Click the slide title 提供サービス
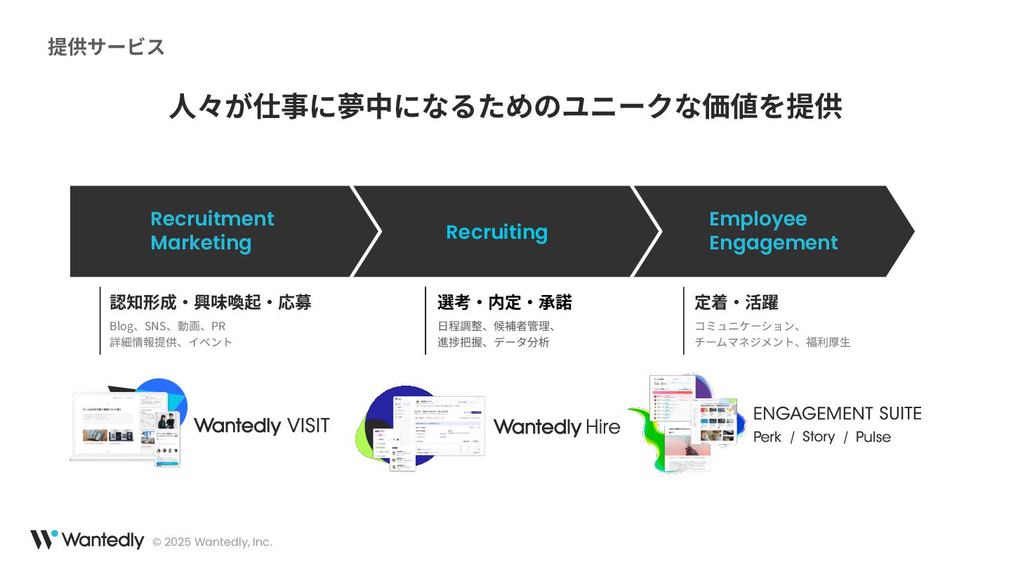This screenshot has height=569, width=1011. click(x=107, y=47)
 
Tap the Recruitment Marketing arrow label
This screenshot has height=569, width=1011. click(x=211, y=230)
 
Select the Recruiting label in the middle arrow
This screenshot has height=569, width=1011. click(x=496, y=232)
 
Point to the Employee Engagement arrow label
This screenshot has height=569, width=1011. click(x=772, y=230)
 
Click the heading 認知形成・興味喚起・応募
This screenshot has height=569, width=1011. click(x=211, y=303)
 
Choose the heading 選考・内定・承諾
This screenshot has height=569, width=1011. click(x=504, y=303)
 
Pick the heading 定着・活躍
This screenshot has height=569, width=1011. click(x=736, y=303)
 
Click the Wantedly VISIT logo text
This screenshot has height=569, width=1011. click(x=261, y=426)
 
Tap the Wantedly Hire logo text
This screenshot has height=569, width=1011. click(x=557, y=426)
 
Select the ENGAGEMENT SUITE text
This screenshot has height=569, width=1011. click(x=837, y=414)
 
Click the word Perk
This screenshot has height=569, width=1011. click(x=767, y=437)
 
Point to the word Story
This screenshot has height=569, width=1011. click(x=818, y=437)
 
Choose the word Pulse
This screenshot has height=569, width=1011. click(x=873, y=437)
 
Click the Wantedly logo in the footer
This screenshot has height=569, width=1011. click(x=87, y=539)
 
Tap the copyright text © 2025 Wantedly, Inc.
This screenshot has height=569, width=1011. click(x=212, y=542)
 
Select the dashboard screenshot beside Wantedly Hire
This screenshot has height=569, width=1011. click(x=439, y=427)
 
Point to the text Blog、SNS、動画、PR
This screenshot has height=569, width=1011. click(x=167, y=326)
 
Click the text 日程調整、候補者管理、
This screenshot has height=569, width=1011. click(x=496, y=326)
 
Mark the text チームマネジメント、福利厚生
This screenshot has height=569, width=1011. click(x=772, y=342)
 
